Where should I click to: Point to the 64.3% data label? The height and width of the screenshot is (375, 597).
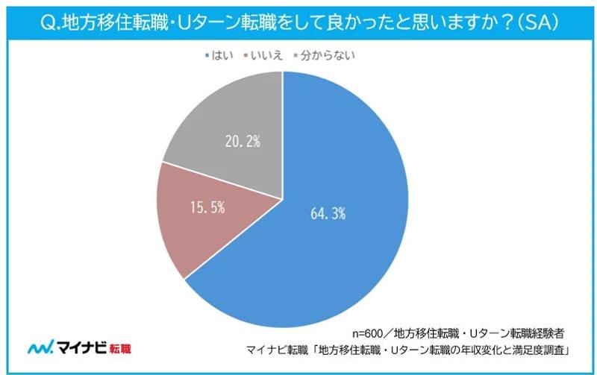pos(328,213)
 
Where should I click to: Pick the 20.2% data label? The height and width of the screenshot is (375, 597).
pos(241,141)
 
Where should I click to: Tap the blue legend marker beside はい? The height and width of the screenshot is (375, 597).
pos(206,56)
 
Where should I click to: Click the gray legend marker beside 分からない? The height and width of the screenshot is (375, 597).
pos(298,56)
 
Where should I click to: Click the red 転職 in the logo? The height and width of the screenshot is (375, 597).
pos(119,348)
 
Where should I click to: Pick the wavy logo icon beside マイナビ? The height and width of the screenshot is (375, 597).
pos(39,347)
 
